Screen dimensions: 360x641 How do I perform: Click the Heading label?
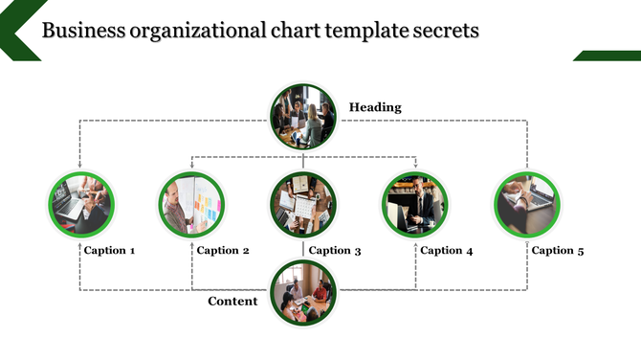coord(375,107)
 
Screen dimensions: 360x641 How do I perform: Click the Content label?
coord(232,302)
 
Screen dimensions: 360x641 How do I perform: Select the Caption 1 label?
coord(109,251)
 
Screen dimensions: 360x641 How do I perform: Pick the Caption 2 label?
coord(223,251)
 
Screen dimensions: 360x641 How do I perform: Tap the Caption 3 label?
coord(335,251)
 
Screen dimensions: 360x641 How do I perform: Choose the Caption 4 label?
coord(447,251)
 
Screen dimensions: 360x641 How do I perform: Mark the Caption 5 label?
coord(557,251)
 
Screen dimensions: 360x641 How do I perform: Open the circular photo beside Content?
coord(304,293)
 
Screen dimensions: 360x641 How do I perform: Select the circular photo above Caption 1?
coord(81,204)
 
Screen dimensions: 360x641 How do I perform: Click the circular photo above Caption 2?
coord(191,204)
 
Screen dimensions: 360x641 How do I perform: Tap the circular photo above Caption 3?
coord(303,204)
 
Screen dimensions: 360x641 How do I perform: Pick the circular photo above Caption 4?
coord(415,204)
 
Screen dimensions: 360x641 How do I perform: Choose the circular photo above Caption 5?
coord(526,204)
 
